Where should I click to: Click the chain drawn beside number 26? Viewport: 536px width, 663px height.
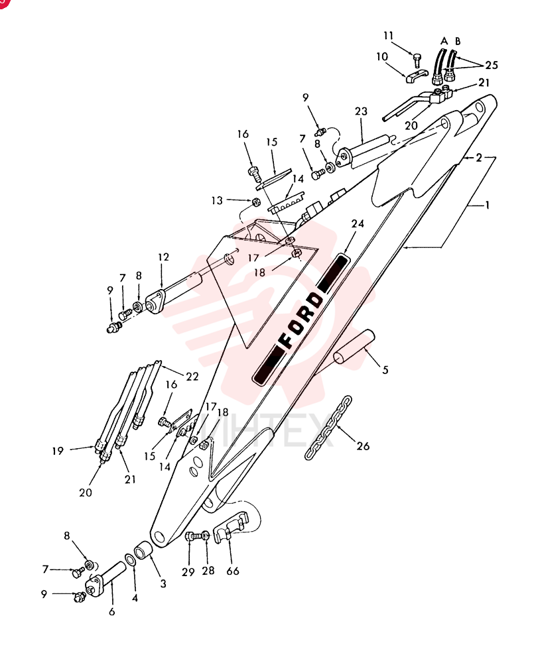tap(328, 428)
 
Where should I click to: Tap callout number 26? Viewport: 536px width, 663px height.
tap(363, 446)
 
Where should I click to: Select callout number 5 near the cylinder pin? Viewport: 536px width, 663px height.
tap(385, 369)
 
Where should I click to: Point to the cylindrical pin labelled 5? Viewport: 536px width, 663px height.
tap(354, 347)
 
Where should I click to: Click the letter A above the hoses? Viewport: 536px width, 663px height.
tap(444, 41)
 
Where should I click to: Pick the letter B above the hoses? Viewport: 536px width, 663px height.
tap(458, 41)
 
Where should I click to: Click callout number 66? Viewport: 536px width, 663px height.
tap(233, 571)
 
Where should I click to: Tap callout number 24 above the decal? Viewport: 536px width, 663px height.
tap(358, 223)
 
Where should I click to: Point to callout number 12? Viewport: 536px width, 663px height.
tap(163, 257)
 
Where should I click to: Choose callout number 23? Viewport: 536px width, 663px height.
tap(361, 111)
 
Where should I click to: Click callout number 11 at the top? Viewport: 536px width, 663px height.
tap(388, 36)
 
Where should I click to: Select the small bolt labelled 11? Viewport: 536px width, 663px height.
tap(417, 60)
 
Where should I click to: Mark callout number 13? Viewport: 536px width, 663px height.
tap(217, 200)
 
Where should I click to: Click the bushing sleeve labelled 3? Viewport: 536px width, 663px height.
tap(142, 552)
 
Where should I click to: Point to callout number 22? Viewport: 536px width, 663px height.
tap(192, 377)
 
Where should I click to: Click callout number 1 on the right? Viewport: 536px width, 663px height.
tap(488, 205)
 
